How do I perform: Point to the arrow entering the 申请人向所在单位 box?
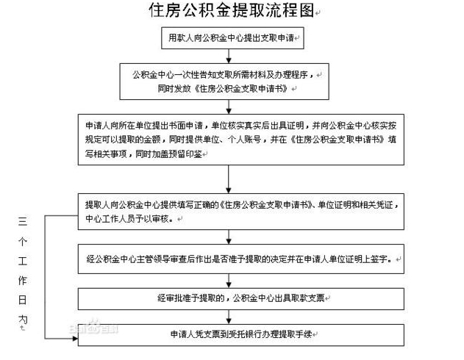(x=230, y=107)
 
